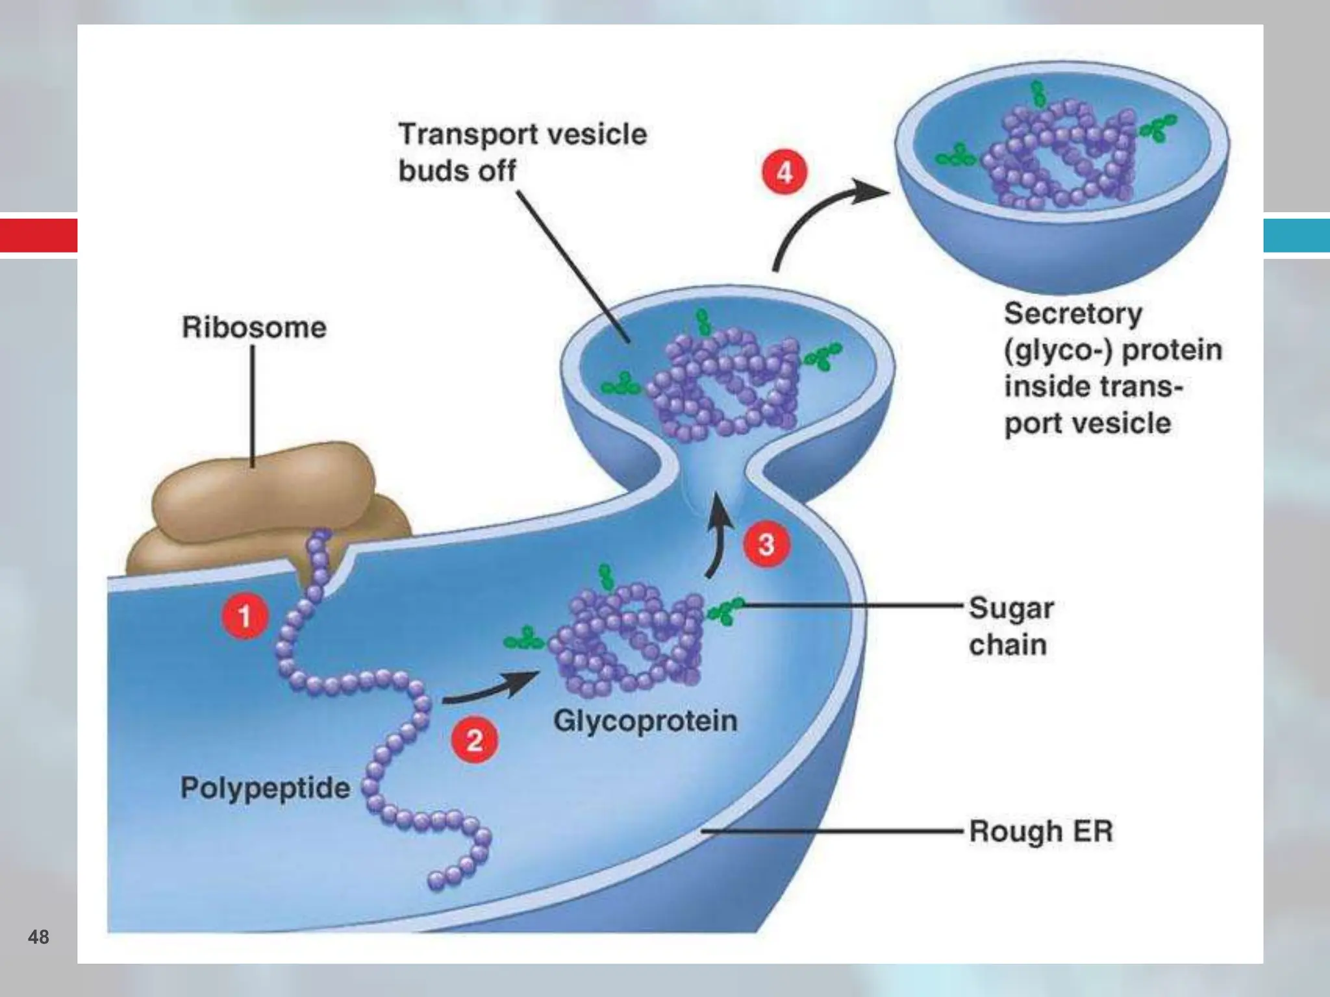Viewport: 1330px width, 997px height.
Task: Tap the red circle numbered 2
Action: pyautogui.click(x=475, y=740)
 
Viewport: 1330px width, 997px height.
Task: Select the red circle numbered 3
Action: pyautogui.click(x=767, y=544)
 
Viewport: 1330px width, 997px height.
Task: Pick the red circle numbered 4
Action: pyautogui.click(x=784, y=173)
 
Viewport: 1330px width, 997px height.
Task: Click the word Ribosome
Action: pyautogui.click(x=254, y=328)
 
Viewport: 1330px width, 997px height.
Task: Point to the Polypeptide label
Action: pyautogui.click(x=265, y=788)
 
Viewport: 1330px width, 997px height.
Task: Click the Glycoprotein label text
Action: pyautogui.click(x=646, y=721)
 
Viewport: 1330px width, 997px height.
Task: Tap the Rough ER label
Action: pyautogui.click(x=1041, y=831)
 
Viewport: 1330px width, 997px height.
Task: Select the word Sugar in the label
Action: pyautogui.click(x=1011, y=609)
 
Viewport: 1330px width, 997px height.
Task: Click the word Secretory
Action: pyautogui.click(x=1073, y=314)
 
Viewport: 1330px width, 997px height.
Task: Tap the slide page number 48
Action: pyautogui.click(x=38, y=937)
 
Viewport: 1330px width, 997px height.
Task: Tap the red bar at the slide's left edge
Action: pyautogui.click(x=38, y=235)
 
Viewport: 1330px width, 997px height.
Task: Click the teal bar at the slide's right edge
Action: pyautogui.click(x=1296, y=235)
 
